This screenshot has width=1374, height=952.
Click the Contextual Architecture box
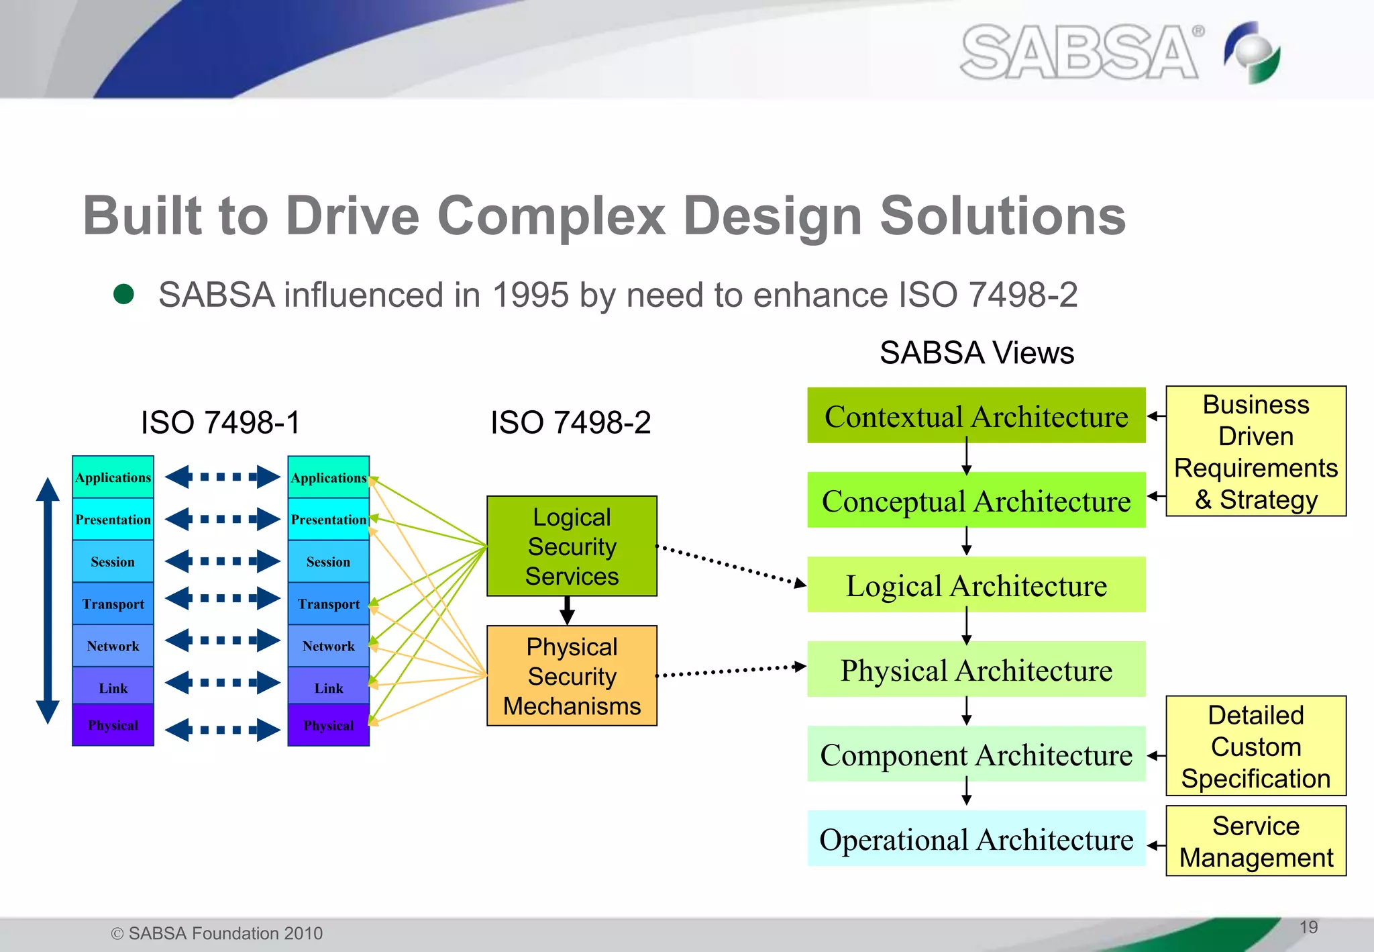click(x=976, y=416)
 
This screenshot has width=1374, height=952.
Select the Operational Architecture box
click(x=976, y=839)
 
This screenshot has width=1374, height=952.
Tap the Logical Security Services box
click(x=572, y=546)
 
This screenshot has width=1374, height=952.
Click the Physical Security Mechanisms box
click(x=572, y=675)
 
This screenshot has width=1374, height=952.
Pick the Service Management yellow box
click(x=1256, y=841)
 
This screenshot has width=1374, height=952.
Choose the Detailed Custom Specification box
click(x=1256, y=746)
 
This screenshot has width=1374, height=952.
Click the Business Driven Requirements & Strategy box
click(x=1256, y=451)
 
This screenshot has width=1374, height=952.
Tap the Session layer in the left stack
click(x=113, y=561)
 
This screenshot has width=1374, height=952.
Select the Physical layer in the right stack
click(x=328, y=725)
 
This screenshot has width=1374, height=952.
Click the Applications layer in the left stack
click(x=113, y=477)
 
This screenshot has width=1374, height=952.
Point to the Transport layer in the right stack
click(x=328, y=604)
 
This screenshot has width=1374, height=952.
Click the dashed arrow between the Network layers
click(x=222, y=640)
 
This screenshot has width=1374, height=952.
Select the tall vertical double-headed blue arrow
click(x=48, y=601)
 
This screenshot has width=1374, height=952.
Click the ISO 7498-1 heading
click(x=221, y=422)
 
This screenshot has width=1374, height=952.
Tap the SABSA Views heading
click(x=976, y=352)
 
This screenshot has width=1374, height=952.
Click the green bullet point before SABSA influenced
click(x=123, y=294)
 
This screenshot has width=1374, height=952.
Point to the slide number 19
click(x=1308, y=927)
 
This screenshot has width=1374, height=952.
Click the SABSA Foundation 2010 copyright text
click(x=217, y=933)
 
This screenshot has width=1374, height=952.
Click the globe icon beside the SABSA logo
click(x=1252, y=52)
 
